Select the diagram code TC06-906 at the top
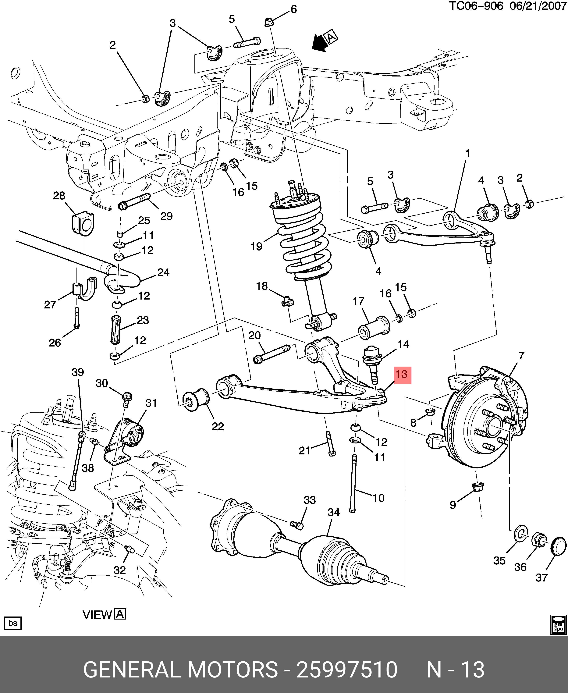tap(475, 6)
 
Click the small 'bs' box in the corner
tap(13, 623)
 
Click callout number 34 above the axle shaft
tap(334, 512)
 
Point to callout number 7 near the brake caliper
tap(521, 355)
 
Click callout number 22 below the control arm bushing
tap(218, 426)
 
